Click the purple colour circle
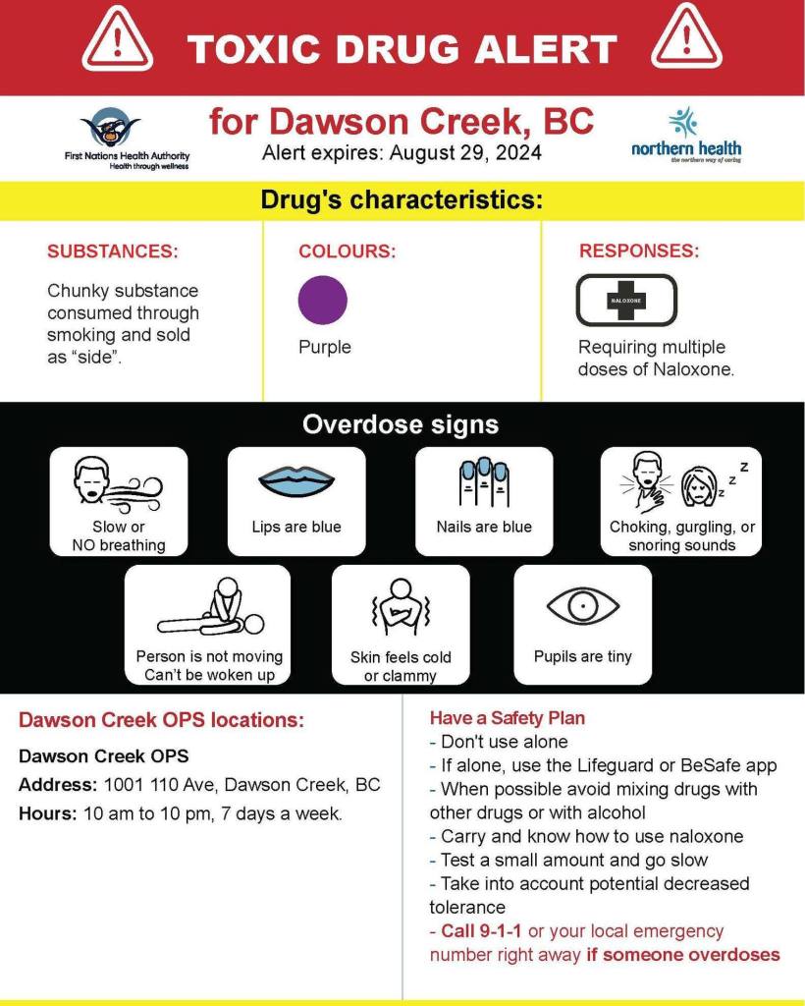pyautogui.click(x=323, y=301)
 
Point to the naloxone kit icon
pyautogui.click(x=625, y=300)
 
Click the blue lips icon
pyautogui.click(x=296, y=481)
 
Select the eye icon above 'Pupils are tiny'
pyautogui.click(x=583, y=607)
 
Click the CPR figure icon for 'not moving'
pyautogui.click(x=209, y=609)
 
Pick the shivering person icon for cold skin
pyautogui.click(x=400, y=609)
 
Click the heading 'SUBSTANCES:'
pyautogui.click(x=113, y=251)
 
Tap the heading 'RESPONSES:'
pyautogui.click(x=639, y=251)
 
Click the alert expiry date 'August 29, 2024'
pyautogui.click(x=465, y=153)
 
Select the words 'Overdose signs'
pyautogui.click(x=401, y=425)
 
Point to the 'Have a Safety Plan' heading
pyautogui.click(x=508, y=718)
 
